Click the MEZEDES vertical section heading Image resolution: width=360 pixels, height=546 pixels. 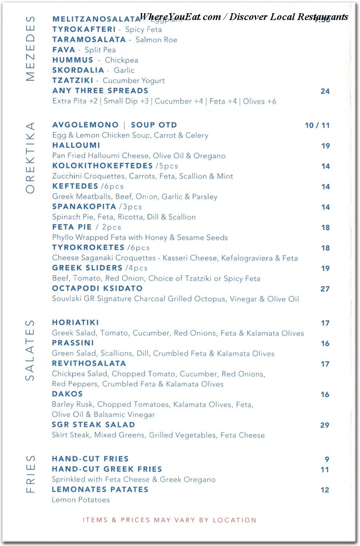(30, 48)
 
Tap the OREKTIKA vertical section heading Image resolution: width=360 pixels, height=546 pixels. (30, 158)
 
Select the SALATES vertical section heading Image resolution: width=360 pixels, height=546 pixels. (30, 350)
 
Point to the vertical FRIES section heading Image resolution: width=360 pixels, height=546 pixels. (30, 474)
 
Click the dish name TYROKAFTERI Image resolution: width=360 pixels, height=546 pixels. (84, 29)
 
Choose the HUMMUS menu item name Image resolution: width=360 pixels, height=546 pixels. (72, 60)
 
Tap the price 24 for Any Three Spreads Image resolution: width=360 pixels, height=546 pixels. (325, 91)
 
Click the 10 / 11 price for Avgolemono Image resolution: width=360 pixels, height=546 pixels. (317, 125)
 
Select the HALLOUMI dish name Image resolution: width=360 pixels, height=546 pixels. (76, 145)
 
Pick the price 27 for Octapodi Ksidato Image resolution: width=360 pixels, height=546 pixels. (325, 289)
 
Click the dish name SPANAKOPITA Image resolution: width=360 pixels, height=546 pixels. (84, 207)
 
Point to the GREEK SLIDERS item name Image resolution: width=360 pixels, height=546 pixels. (87, 268)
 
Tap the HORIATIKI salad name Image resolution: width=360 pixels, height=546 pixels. (75, 323)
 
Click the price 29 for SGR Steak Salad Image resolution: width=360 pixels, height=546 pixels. (324, 425)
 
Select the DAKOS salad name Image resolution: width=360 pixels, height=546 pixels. (67, 394)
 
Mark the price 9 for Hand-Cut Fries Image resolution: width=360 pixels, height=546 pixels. (327, 460)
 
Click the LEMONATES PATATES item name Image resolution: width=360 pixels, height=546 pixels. (100, 490)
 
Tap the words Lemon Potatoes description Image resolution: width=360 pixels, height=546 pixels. (80, 500)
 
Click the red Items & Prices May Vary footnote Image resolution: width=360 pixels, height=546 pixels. (169, 520)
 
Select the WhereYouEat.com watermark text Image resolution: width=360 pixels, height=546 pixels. (243, 17)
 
